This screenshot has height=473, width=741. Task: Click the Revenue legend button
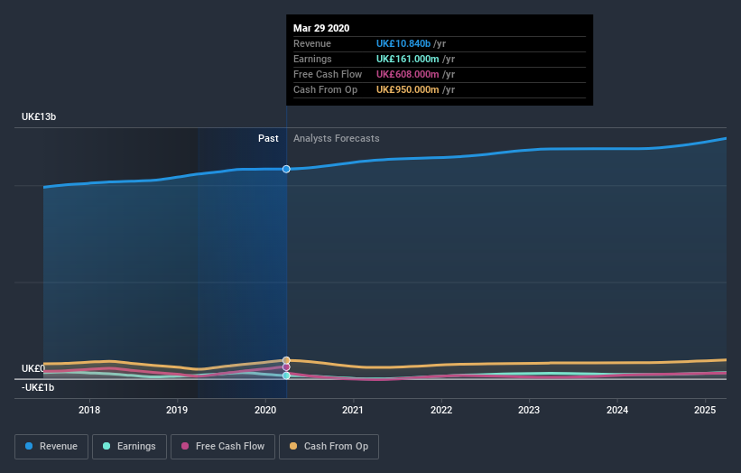(51, 446)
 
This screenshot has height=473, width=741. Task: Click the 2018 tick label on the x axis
(89, 410)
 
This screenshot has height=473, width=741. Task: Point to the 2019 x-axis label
(177, 410)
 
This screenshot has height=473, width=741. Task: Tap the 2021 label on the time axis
(353, 410)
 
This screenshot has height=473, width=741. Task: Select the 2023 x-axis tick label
(529, 410)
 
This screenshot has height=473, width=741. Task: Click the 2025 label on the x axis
(705, 410)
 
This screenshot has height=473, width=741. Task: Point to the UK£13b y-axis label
(40, 117)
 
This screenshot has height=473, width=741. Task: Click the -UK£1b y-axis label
(39, 387)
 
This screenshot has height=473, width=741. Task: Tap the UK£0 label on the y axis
(33, 368)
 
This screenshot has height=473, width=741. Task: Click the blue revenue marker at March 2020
(286, 169)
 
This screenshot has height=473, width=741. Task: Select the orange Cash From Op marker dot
(286, 360)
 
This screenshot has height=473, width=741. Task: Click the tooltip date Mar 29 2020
(320, 27)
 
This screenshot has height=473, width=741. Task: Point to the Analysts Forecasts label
(336, 138)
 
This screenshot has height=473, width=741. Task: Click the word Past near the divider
(268, 138)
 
